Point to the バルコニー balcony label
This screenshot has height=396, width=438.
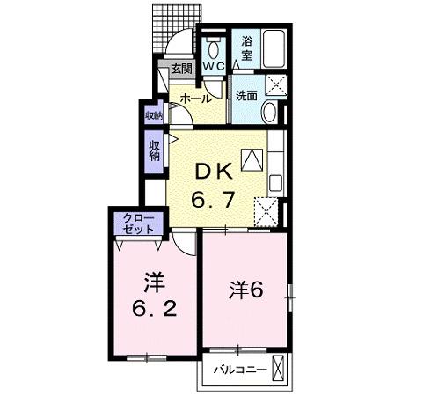(238, 370)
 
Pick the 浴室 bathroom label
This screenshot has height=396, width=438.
(247, 47)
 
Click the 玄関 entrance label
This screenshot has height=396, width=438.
(181, 69)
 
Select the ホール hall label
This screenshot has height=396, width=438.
(195, 99)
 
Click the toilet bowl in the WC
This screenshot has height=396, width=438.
(214, 47)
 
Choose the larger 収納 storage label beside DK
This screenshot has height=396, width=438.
(155, 150)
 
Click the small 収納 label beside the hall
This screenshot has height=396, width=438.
(154, 115)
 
